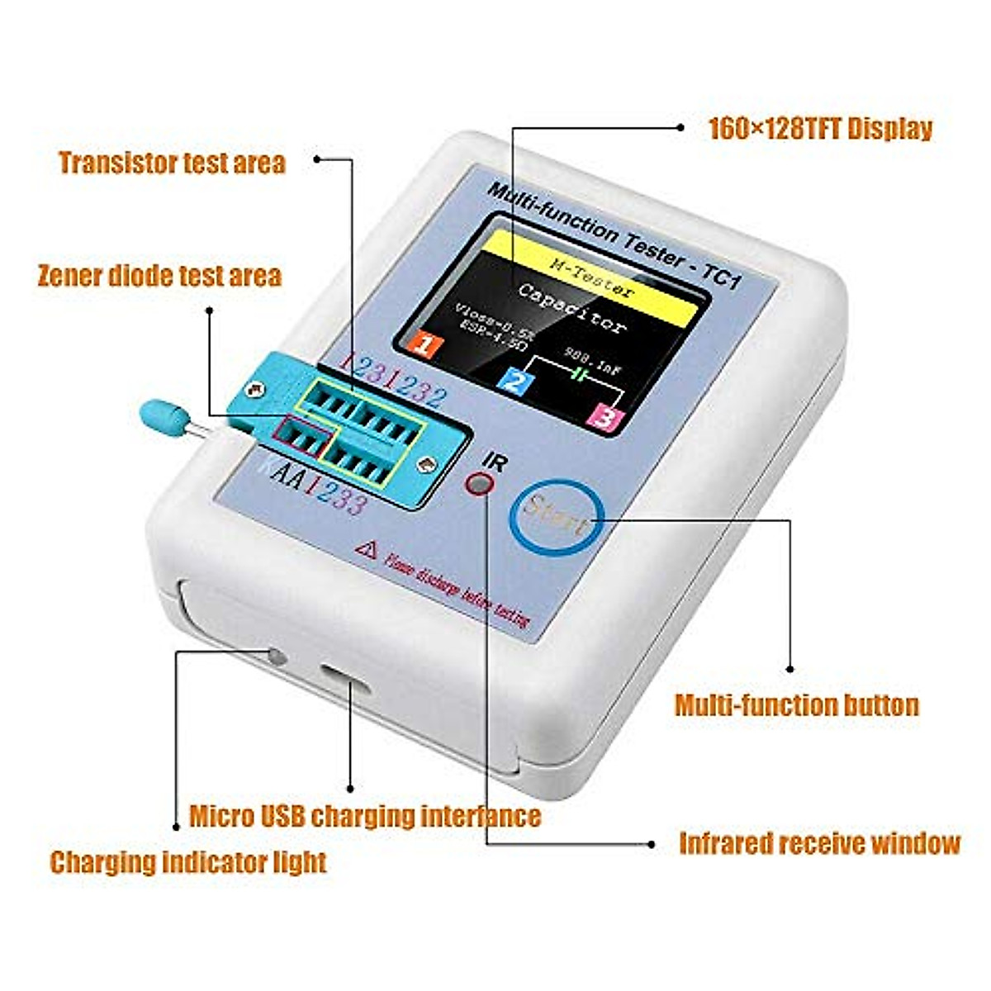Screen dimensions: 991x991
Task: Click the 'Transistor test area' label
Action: click(x=172, y=163)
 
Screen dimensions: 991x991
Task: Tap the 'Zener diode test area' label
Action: click(x=159, y=276)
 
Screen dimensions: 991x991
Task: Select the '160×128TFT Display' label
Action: click(x=821, y=129)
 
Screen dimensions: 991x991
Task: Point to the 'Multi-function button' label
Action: click(x=797, y=705)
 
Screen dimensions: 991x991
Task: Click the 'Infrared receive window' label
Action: click(x=819, y=843)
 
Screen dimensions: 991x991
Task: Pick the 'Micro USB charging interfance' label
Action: click(x=365, y=816)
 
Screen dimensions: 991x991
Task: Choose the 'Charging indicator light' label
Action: click(x=188, y=862)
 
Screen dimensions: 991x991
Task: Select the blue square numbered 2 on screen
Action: click(x=514, y=382)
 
